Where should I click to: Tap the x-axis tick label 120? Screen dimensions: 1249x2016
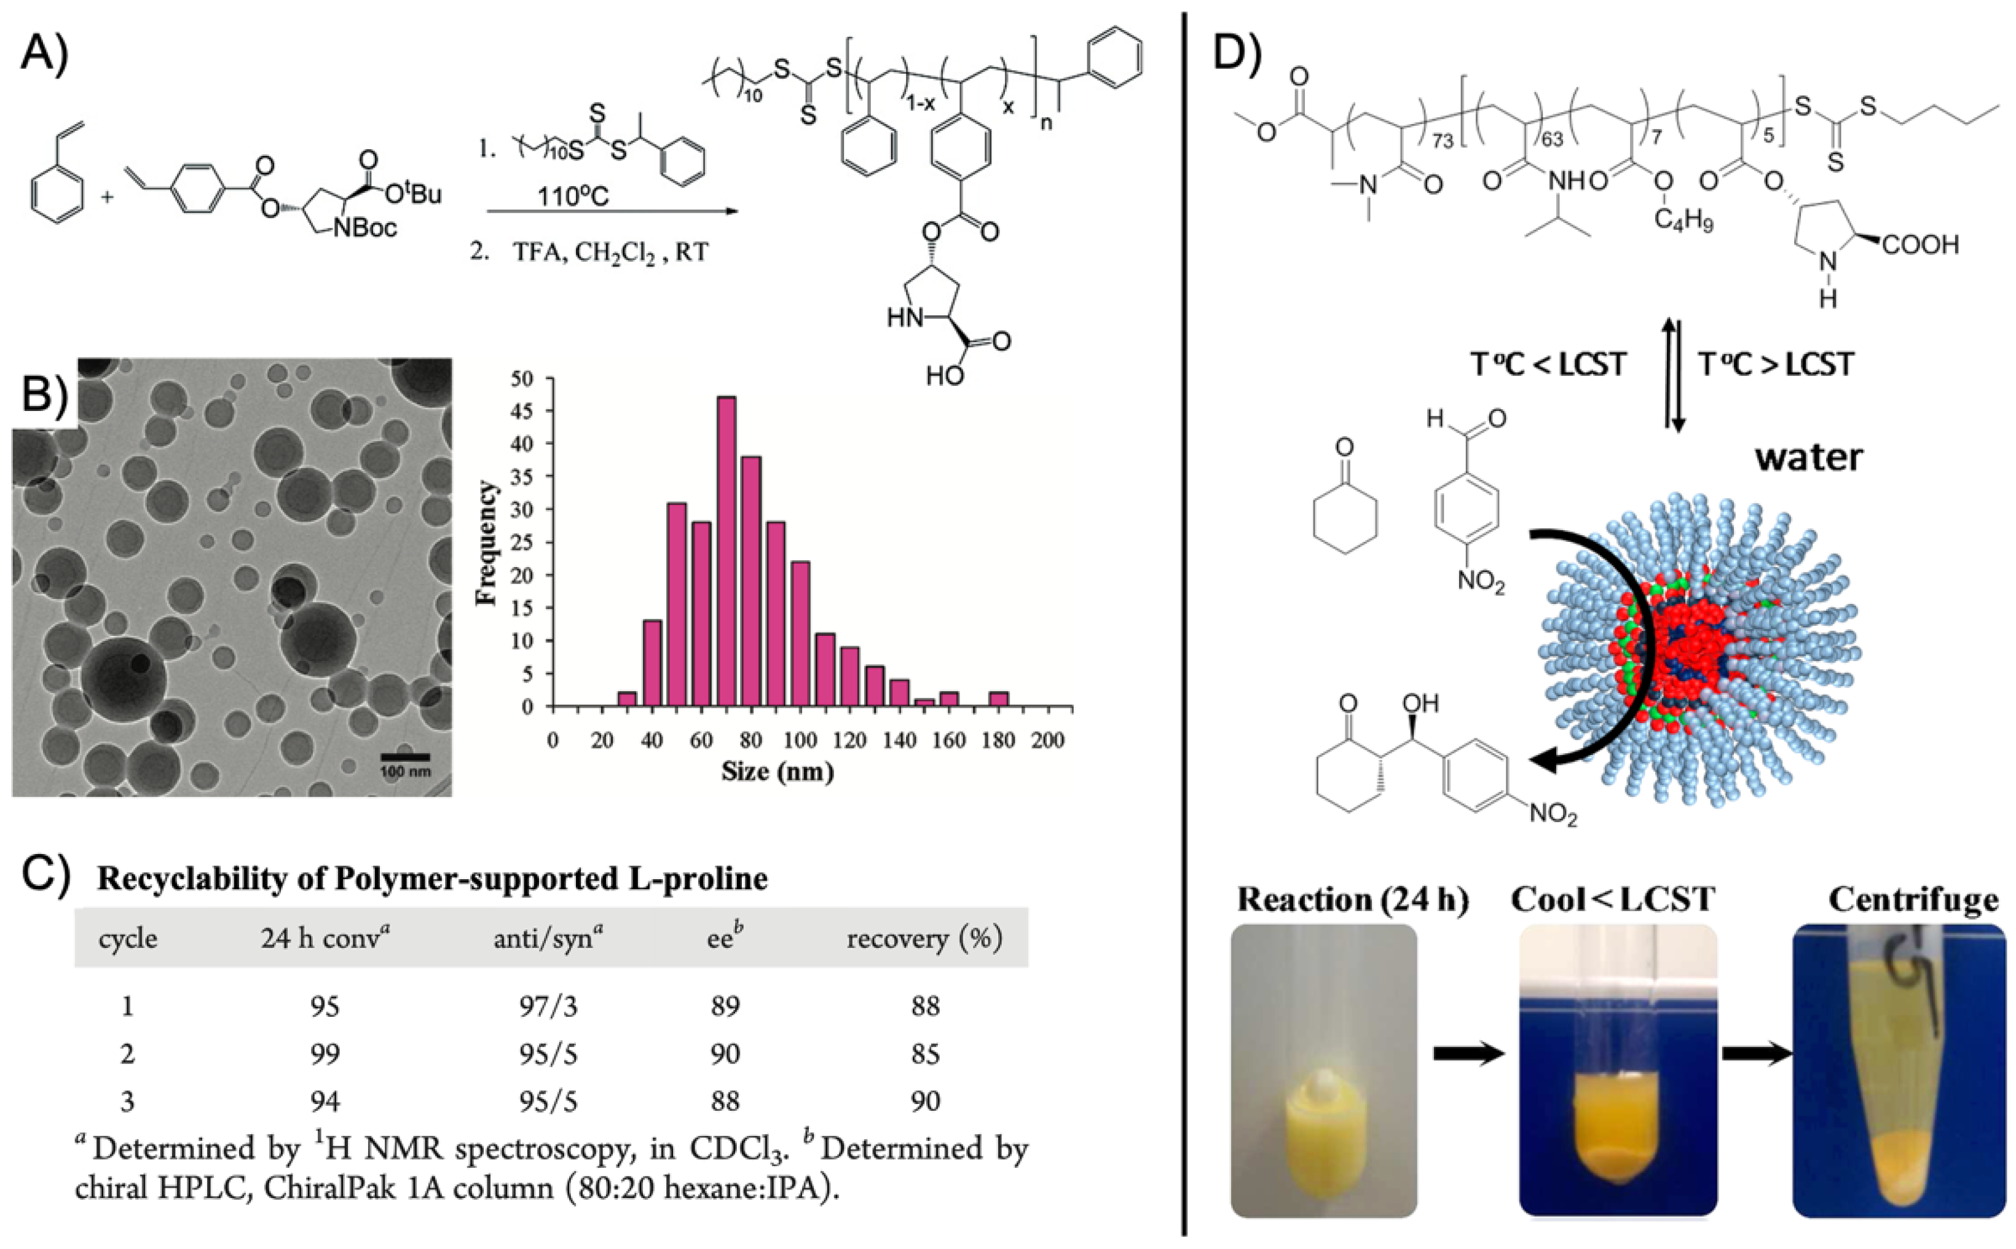[849, 740]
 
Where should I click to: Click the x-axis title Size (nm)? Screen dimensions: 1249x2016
[777, 772]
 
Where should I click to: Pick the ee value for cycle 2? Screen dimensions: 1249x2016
[725, 1054]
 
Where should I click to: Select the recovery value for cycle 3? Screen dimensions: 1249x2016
[926, 1101]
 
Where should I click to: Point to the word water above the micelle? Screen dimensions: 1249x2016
[1809, 457]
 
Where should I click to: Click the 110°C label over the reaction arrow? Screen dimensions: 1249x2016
[573, 197]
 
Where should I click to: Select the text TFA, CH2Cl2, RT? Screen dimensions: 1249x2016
[610, 251]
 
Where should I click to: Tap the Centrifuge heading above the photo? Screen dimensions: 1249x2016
[1913, 899]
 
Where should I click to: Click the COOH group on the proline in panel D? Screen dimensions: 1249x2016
[1920, 245]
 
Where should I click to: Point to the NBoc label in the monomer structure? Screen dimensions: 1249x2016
[365, 227]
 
